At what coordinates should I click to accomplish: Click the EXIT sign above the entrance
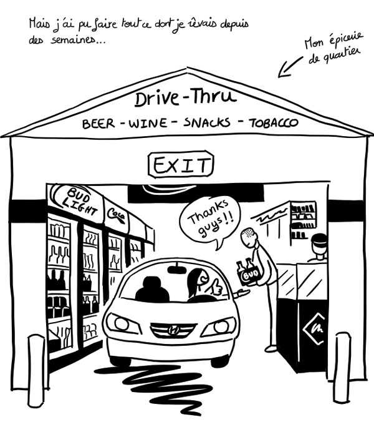coord(181,165)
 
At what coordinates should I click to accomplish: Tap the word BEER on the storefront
coord(98,124)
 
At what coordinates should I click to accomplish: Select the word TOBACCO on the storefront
coord(274,122)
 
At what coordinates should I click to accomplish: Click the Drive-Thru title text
coord(185,99)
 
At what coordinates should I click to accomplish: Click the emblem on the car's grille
coord(173,329)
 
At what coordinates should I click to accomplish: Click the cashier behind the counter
coord(318,248)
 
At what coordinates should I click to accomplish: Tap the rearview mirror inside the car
coord(178,270)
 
